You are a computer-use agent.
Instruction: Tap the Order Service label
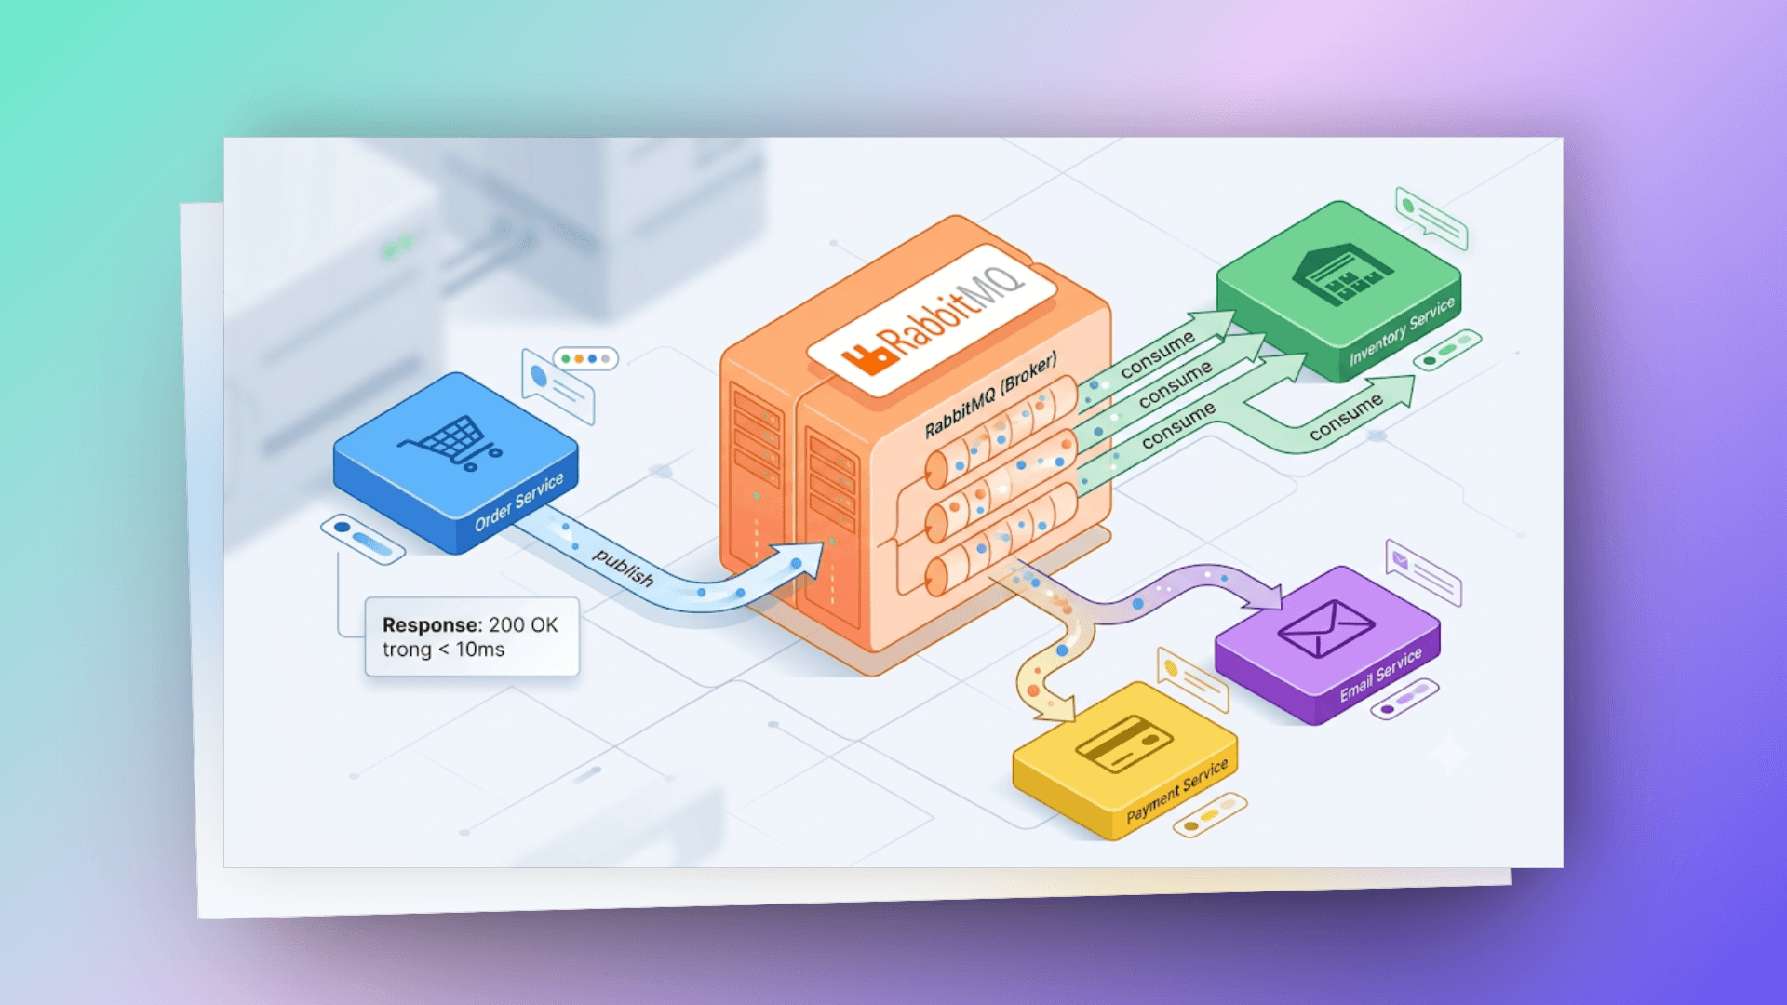(518, 502)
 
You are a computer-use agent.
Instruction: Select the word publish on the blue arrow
(624, 568)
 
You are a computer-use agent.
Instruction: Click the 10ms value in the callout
(480, 650)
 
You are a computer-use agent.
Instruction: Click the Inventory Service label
(1402, 331)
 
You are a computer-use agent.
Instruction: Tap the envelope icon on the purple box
(1325, 628)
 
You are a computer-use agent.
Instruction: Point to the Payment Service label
(1177, 791)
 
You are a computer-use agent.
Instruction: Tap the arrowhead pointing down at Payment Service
(1054, 709)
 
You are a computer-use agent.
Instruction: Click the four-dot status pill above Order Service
(585, 358)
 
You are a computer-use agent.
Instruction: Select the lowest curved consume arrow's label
(1346, 416)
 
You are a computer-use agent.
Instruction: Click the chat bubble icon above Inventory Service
(1431, 219)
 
